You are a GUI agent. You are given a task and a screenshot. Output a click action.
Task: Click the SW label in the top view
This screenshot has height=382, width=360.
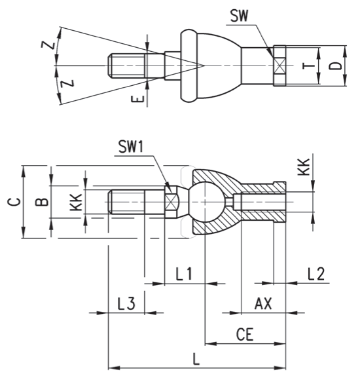tap(239, 16)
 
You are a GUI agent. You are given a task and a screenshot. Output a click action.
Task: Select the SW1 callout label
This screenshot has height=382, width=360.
tap(131, 147)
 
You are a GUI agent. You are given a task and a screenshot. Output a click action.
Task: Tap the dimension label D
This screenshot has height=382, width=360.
tap(335, 66)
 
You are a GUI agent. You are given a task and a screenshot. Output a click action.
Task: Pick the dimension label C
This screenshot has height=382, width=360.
tap(14, 202)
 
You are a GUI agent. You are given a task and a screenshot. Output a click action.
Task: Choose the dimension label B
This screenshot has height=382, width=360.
tap(42, 202)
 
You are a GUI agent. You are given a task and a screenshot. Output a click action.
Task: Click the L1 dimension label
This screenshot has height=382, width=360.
tap(184, 274)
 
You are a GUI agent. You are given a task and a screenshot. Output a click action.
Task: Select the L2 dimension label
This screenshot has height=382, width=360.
tap(316, 274)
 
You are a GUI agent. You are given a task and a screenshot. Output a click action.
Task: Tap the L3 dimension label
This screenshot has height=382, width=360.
tap(126, 303)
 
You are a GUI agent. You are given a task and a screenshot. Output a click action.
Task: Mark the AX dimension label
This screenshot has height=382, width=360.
tap(263, 303)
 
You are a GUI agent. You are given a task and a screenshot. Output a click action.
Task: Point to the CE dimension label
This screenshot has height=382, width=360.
tap(245, 334)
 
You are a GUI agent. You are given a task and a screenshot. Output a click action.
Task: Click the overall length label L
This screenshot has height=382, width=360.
tap(196, 359)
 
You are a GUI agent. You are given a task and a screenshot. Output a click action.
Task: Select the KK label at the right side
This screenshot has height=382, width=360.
tap(304, 167)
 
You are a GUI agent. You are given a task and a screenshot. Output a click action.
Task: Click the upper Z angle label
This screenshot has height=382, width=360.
tap(48, 45)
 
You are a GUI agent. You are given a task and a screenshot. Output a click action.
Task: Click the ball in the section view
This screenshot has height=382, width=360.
tap(206, 202)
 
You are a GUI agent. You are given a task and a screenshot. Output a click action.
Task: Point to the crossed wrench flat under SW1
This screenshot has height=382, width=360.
tap(171, 202)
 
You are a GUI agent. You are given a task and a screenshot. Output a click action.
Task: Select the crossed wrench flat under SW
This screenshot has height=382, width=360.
tap(279, 66)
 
